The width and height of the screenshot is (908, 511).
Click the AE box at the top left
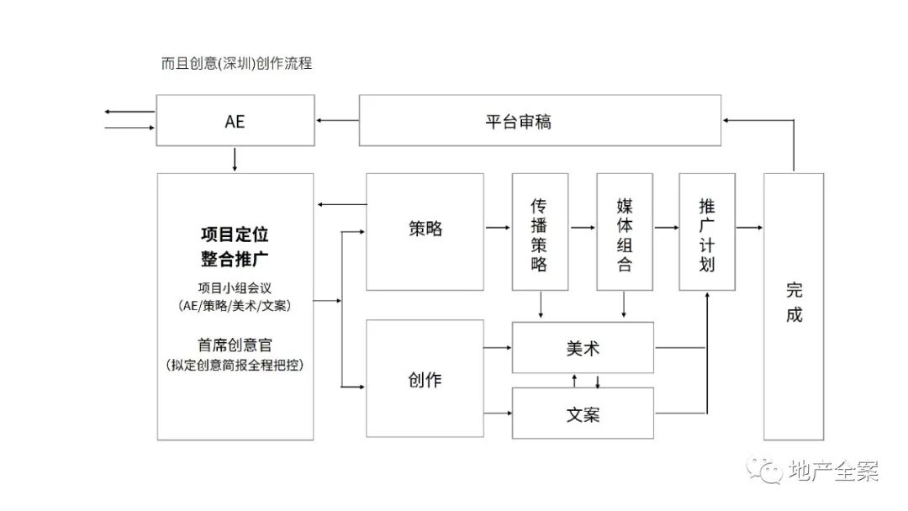(235, 120)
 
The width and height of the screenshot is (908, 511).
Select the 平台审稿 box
(540, 120)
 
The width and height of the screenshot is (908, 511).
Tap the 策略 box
(425, 228)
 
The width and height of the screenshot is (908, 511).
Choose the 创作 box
(425, 379)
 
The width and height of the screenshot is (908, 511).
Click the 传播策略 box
(540, 233)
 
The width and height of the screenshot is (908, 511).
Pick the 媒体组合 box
(625, 233)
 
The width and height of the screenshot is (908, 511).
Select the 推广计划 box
(707, 233)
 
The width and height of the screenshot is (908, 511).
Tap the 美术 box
(583, 347)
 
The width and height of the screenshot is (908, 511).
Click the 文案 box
(583, 414)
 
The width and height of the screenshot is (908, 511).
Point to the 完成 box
(794, 304)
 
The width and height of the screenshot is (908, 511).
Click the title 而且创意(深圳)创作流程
(236, 63)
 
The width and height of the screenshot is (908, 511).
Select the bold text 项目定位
(235, 234)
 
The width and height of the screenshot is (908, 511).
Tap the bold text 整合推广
(235, 257)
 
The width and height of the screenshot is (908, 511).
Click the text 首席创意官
(235, 345)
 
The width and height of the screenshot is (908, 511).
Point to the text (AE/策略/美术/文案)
(235, 306)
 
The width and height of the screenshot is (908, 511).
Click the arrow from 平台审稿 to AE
(337, 121)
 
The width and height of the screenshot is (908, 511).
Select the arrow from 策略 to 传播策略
(498, 228)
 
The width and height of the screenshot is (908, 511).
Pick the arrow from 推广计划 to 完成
(749, 228)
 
